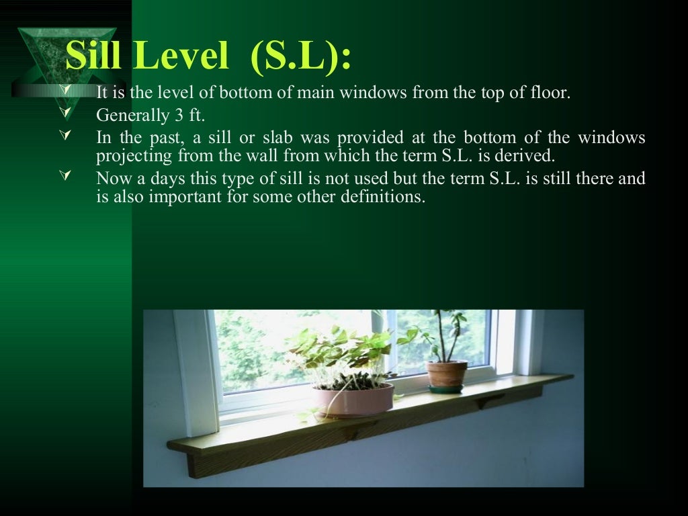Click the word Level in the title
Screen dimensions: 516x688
182,57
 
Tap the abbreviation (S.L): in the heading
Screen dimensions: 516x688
300,57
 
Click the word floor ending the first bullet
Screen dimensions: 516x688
550,93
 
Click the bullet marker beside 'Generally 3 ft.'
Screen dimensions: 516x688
66,114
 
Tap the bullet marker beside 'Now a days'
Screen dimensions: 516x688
66,177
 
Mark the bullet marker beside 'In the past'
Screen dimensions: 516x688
66,136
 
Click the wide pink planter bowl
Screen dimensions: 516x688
353,400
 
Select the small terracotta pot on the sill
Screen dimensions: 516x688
446,373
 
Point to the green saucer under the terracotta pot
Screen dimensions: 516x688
446,388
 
